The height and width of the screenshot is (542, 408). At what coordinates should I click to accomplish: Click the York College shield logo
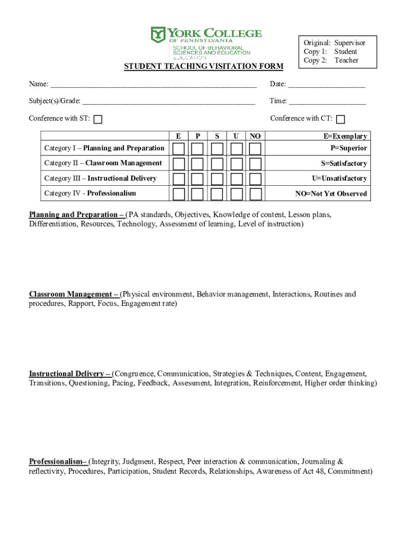tap(158, 35)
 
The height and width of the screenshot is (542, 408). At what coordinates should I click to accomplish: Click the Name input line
tap(154, 85)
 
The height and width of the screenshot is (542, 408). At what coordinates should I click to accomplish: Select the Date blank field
tap(326, 85)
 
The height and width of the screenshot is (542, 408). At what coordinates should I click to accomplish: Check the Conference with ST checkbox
tap(98, 120)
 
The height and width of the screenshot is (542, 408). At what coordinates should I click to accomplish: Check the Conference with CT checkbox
tap(341, 120)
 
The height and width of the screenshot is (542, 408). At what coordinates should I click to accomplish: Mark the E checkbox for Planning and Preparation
tap(179, 148)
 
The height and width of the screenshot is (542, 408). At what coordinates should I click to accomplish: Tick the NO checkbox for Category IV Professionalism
tap(255, 194)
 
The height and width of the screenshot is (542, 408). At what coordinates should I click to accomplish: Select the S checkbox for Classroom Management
tap(217, 164)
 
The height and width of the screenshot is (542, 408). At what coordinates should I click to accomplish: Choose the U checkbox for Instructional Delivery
tap(236, 179)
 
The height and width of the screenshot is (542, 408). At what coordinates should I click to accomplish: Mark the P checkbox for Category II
tap(198, 164)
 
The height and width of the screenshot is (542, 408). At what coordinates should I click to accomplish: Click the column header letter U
tap(235, 137)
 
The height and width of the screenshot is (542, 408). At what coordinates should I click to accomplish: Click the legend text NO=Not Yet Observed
tap(331, 194)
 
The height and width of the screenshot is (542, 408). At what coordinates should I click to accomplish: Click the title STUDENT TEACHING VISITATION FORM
tap(203, 66)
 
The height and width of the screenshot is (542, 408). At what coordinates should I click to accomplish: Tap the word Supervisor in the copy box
tap(350, 43)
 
